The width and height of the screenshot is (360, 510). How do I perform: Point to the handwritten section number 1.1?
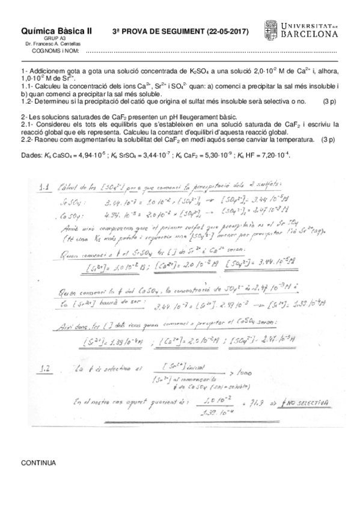[x=43, y=188]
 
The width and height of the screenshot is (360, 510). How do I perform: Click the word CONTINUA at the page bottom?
[x=38, y=463]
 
